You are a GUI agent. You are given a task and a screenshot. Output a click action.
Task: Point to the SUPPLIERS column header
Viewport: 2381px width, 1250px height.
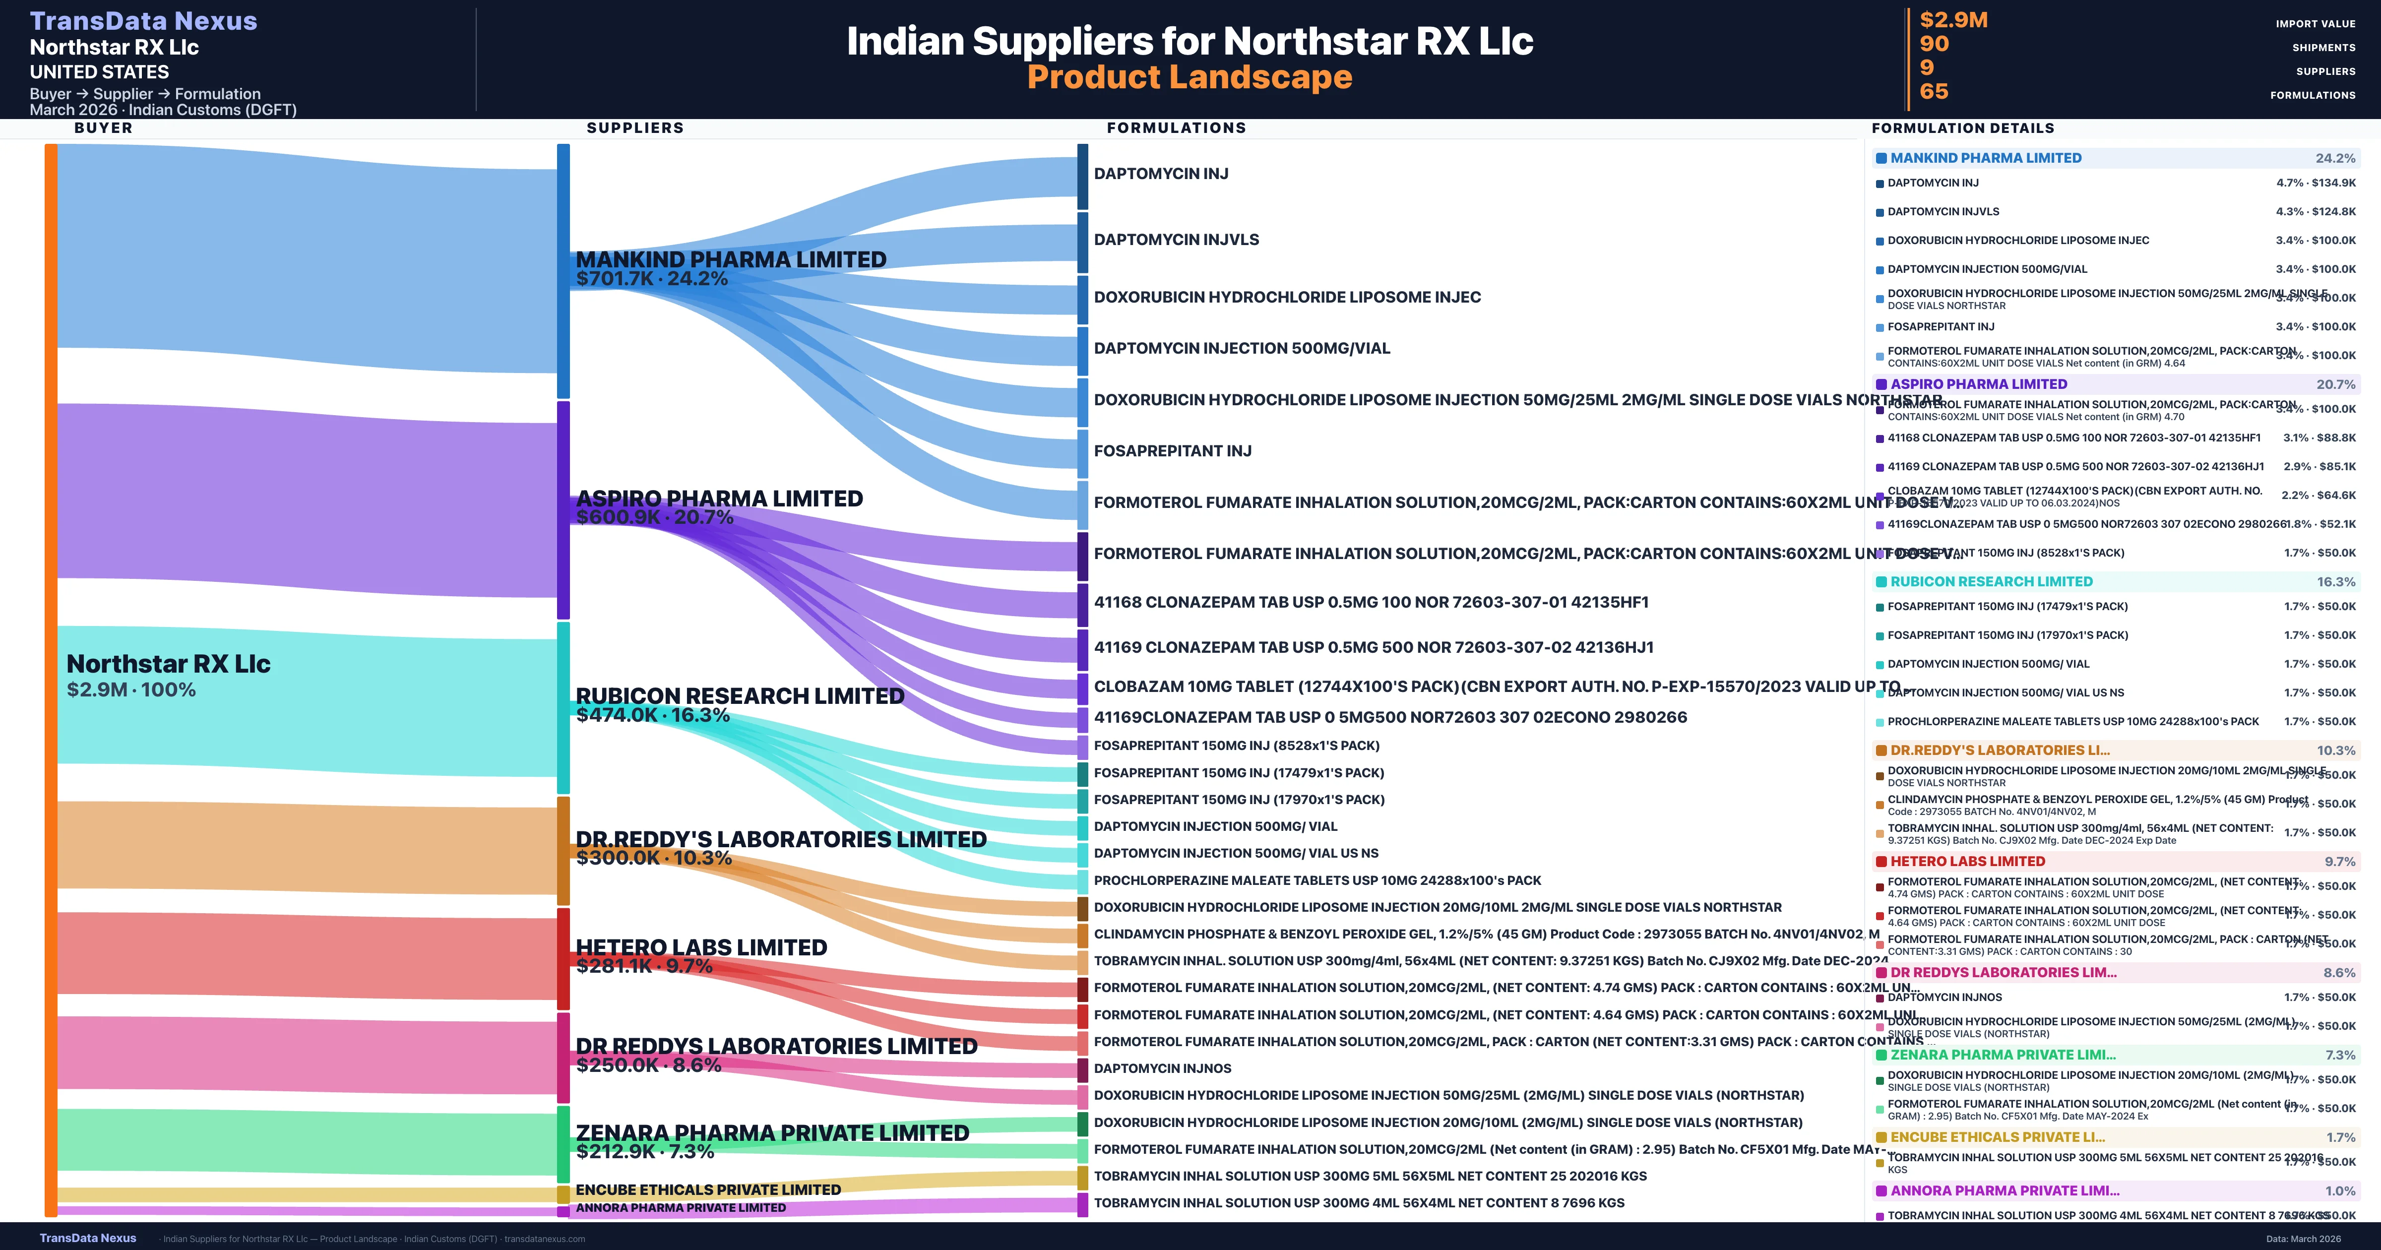635,127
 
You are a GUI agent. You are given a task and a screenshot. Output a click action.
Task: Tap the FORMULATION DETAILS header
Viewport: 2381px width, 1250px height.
1962,127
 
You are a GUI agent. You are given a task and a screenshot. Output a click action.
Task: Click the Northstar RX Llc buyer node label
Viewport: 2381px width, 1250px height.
168,664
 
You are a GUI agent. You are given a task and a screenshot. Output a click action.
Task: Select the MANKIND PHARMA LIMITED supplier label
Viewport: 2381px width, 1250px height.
730,260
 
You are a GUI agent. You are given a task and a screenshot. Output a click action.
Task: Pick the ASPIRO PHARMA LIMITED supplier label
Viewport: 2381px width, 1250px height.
719,499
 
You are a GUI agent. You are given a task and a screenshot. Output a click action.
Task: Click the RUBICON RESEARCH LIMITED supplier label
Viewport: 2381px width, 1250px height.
740,695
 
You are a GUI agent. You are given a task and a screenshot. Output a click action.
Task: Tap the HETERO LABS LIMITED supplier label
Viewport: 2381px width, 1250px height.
700,947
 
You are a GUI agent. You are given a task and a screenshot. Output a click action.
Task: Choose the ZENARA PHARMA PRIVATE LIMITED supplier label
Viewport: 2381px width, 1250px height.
772,1132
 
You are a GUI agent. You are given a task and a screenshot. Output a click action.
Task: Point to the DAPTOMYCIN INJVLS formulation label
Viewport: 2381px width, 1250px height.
1176,240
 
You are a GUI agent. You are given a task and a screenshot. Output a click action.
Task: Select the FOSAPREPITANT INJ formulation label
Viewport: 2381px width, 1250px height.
1172,451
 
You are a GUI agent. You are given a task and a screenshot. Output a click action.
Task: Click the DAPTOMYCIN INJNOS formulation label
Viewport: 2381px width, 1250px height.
1162,1068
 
